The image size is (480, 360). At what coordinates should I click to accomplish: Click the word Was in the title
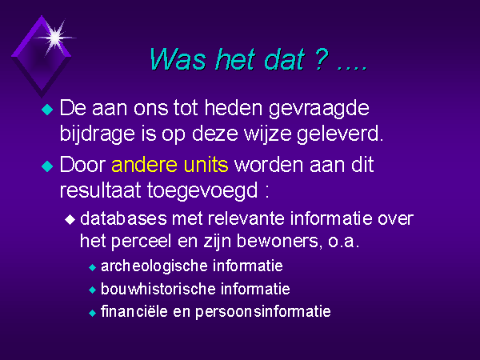tap(178, 59)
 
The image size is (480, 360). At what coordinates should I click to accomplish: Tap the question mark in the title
tap(321, 58)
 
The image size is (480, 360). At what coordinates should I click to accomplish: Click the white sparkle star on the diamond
tap(55, 38)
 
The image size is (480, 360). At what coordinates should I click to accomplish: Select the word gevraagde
tap(319, 109)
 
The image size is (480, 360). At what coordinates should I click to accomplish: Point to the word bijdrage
tap(98, 134)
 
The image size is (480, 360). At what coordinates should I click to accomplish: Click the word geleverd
tap(340, 134)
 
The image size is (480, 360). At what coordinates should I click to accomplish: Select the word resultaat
tap(101, 190)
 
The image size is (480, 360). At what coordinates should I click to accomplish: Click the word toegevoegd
tap(202, 191)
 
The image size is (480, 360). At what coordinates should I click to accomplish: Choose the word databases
tap(123, 218)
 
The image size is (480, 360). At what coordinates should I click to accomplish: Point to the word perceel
tap(141, 242)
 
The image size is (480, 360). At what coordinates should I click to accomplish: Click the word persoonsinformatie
tap(263, 312)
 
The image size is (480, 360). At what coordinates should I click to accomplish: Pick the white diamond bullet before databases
tap(70, 219)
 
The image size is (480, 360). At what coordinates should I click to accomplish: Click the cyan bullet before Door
tap(47, 166)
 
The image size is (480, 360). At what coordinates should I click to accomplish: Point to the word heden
tap(234, 108)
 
